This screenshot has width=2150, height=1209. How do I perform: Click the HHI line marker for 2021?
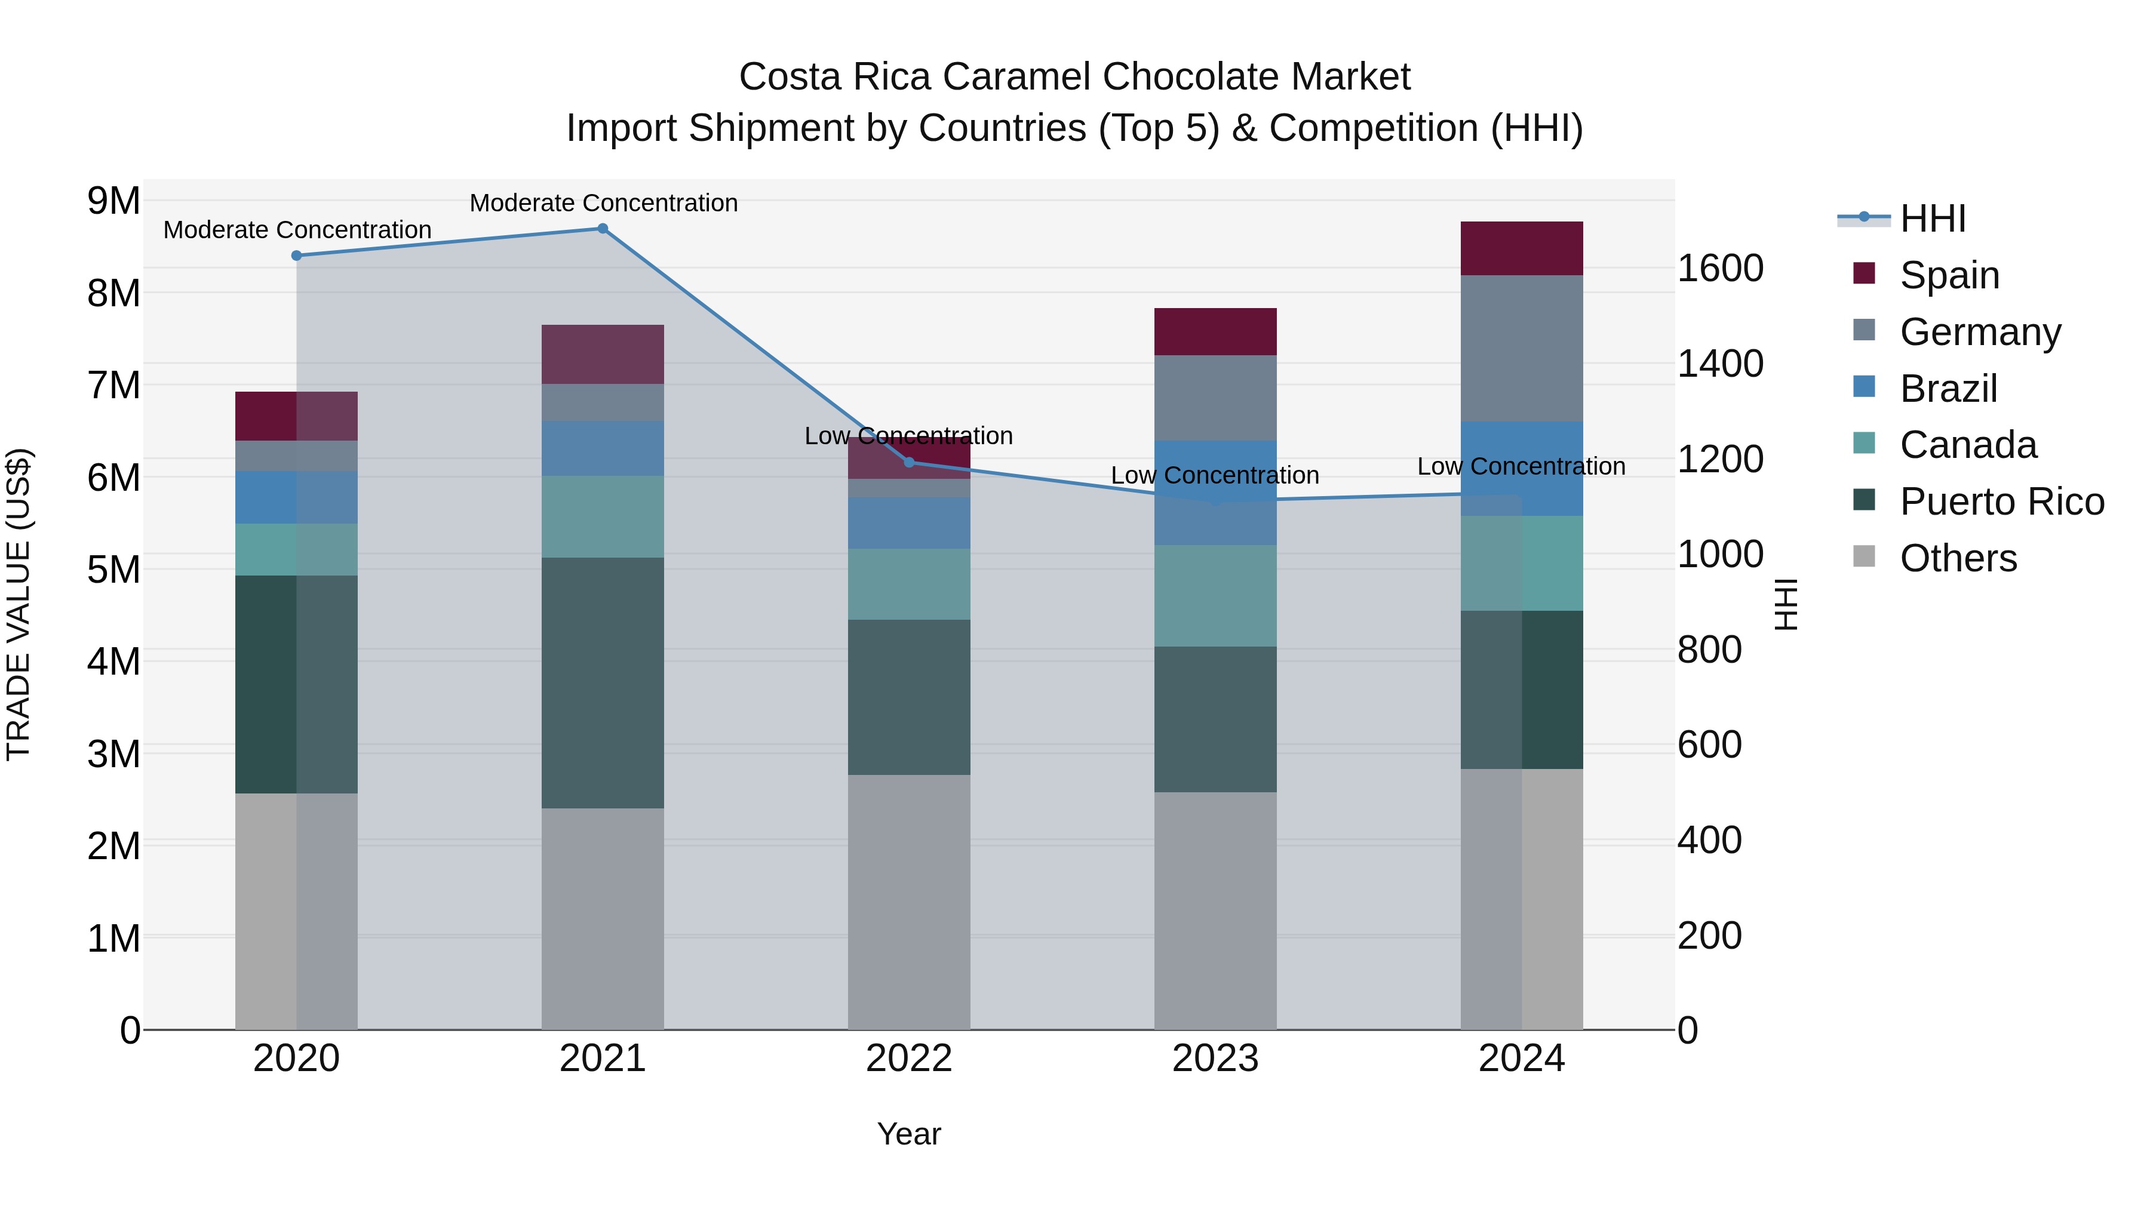602,229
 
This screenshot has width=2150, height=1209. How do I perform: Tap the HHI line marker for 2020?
296,256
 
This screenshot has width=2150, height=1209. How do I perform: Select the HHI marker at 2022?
909,462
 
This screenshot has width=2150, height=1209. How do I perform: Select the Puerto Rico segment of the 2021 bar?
602,682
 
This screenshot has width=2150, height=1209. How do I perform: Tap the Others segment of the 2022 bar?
909,901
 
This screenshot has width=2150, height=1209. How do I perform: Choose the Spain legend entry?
1949,275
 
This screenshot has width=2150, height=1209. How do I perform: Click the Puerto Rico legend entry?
2001,502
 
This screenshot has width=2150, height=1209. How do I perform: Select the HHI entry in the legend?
1932,219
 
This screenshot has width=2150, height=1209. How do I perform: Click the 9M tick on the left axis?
113,201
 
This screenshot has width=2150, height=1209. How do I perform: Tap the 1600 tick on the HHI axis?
1720,269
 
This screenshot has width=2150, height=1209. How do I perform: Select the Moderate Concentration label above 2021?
603,203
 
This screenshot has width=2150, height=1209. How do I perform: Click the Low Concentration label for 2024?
1521,466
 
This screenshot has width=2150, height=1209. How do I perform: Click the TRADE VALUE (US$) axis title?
19,604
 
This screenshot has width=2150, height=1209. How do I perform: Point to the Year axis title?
909,1134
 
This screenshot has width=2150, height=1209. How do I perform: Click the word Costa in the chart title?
789,77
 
